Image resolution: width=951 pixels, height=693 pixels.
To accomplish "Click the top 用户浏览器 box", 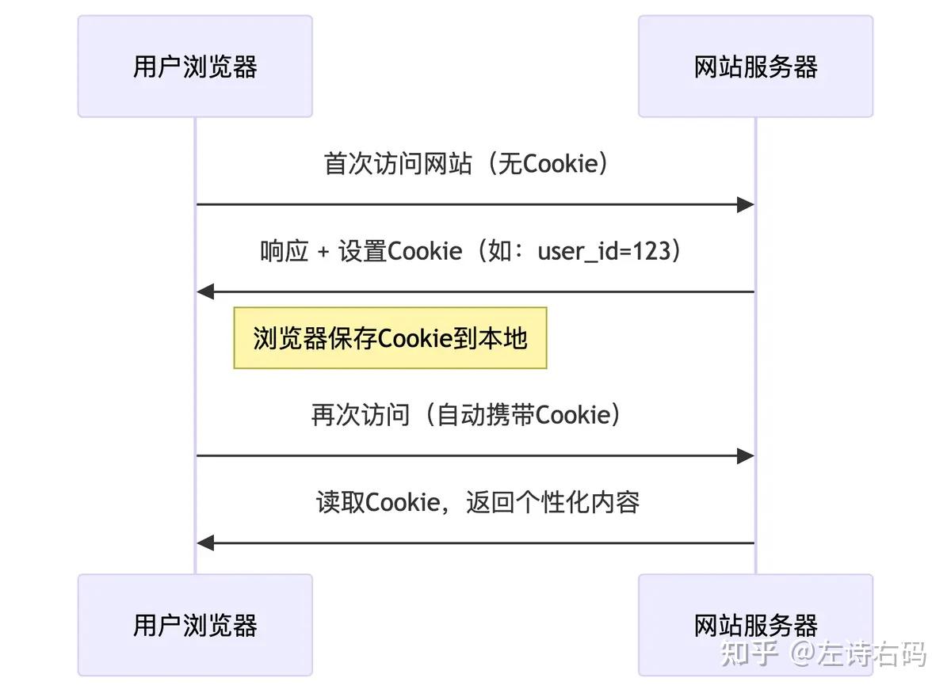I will pyautogui.click(x=195, y=67).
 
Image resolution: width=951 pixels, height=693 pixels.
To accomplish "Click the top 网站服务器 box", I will pyautogui.click(x=755, y=67).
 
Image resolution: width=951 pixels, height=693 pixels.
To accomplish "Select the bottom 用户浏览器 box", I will pyautogui.click(x=195, y=625).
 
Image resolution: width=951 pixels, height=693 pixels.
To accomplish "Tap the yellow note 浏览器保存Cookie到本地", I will pyautogui.click(x=390, y=338).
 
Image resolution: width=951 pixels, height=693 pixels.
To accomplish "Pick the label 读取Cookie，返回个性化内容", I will pyautogui.click(x=477, y=502).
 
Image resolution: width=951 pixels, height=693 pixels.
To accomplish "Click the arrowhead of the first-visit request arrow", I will pyautogui.click(x=745, y=205).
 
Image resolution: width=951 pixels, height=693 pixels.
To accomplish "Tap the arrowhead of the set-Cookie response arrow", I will pyautogui.click(x=206, y=292).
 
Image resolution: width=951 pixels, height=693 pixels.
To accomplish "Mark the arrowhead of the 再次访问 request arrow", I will pyautogui.click(x=745, y=456).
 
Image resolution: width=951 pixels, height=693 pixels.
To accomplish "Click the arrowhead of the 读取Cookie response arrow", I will pyautogui.click(x=206, y=543).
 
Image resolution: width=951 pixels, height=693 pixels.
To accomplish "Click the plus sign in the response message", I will pyautogui.click(x=323, y=252).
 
